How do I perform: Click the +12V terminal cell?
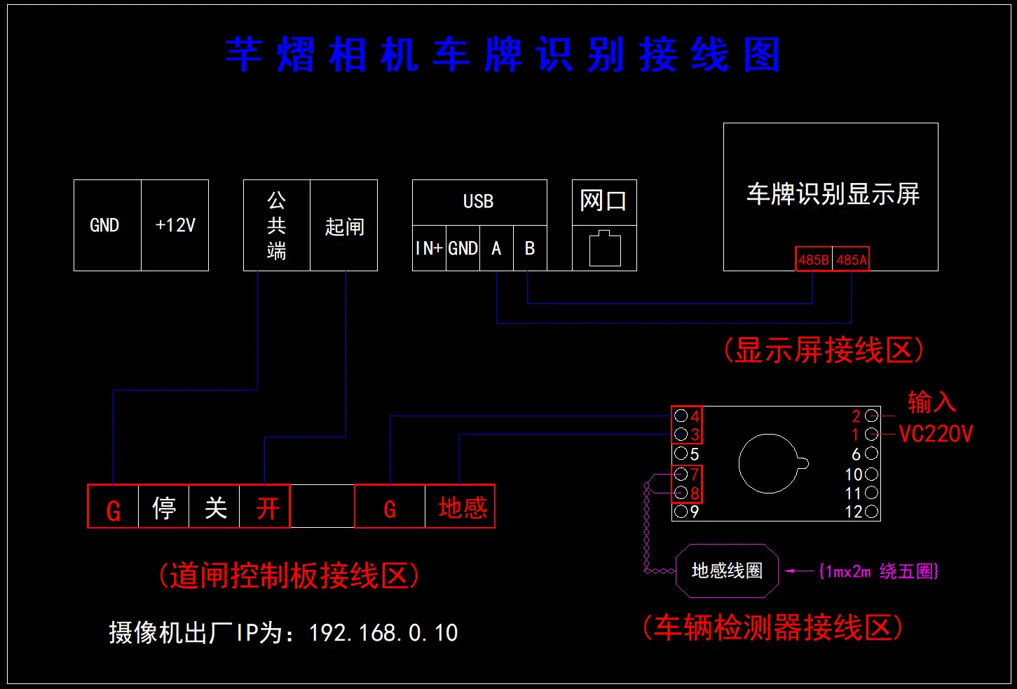(x=175, y=225)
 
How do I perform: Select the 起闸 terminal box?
(x=344, y=226)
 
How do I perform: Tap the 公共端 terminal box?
(x=277, y=226)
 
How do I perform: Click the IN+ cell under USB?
(x=429, y=248)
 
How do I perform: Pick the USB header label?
(x=479, y=202)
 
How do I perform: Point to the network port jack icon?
(x=605, y=249)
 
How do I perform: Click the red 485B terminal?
(x=814, y=259)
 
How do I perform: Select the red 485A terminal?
(x=852, y=259)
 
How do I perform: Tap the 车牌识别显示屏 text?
(x=833, y=194)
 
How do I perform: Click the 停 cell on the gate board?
(x=164, y=507)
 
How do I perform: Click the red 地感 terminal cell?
(x=462, y=507)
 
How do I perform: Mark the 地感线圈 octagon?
(x=727, y=571)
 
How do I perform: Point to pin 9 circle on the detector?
(x=681, y=512)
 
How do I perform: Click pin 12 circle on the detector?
(x=872, y=512)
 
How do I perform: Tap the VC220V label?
(x=936, y=434)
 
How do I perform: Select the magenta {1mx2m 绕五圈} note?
(x=878, y=571)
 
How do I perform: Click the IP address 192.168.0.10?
(x=383, y=633)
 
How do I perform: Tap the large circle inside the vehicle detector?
(x=769, y=463)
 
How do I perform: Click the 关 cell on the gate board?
(x=216, y=507)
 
